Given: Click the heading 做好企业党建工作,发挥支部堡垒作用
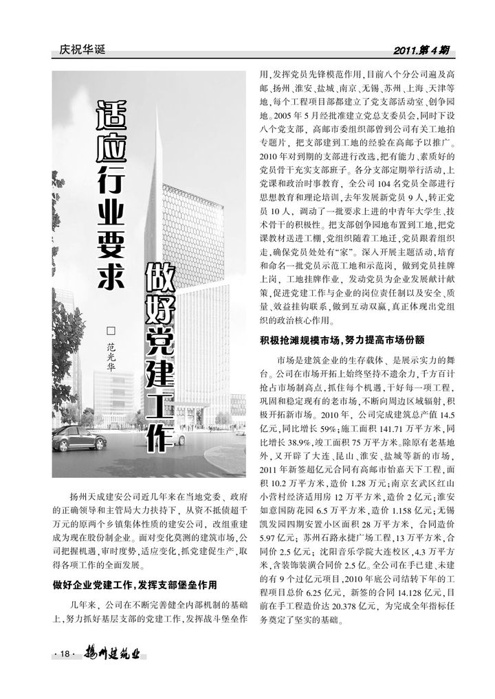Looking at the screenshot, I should coord(135,585).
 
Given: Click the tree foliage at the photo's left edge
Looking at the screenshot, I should coord(65,357).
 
